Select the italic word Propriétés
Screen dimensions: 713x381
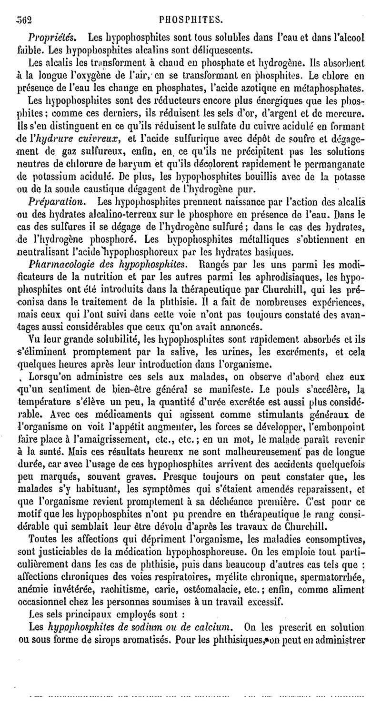pyautogui.click(x=50, y=37)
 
